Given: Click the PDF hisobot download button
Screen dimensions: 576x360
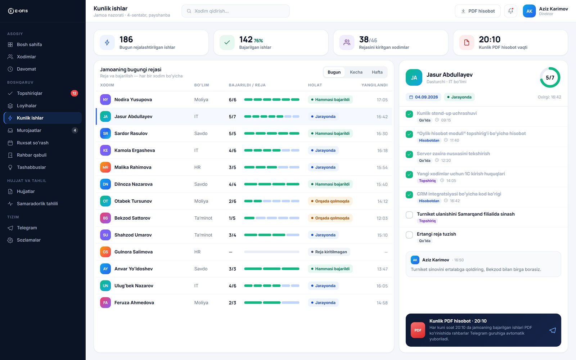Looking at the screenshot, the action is (x=477, y=11).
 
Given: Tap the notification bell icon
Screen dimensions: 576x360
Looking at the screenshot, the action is (x=510, y=11).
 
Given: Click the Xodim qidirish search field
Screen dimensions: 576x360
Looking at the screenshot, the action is (x=235, y=11).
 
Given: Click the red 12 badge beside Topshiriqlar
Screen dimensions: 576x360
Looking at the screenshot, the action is (x=74, y=93).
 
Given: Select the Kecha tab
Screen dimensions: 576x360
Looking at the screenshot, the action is (x=356, y=72).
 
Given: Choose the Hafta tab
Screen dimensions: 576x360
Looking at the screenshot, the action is (x=377, y=72).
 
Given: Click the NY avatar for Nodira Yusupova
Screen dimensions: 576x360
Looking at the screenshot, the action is (x=105, y=99).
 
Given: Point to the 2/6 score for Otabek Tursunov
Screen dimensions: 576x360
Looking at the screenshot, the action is (x=233, y=201).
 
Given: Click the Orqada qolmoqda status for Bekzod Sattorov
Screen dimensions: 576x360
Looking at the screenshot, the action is (x=330, y=218).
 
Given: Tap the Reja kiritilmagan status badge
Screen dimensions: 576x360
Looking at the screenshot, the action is (x=329, y=252).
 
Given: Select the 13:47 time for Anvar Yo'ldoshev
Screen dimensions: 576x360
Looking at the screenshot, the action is (x=382, y=269).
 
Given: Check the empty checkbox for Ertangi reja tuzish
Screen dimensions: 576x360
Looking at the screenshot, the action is (x=409, y=235).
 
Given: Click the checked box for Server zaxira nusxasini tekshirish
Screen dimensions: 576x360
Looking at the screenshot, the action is (x=409, y=154).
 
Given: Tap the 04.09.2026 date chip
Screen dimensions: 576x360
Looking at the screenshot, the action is (x=423, y=97).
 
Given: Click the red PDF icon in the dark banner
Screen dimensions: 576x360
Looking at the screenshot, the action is (x=418, y=330).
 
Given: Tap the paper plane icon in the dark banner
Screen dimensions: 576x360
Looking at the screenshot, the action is (x=553, y=330).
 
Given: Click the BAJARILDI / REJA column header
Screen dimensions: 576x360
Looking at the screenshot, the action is (x=247, y=85).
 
